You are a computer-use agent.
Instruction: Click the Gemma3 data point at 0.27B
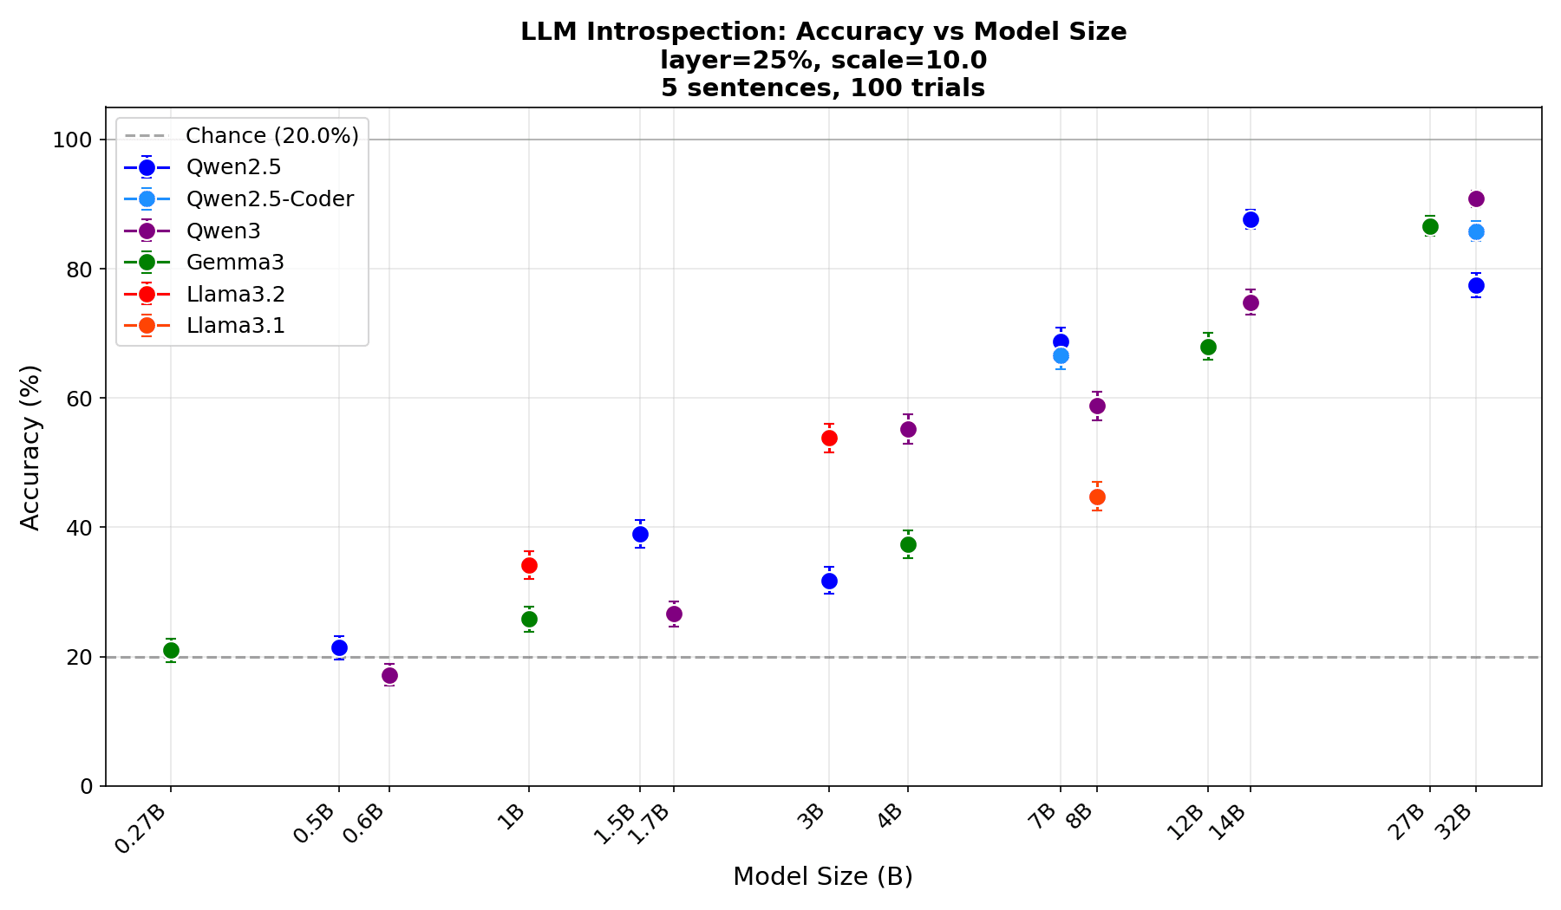pos(171,650)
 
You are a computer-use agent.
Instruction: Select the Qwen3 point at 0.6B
pos(389,675)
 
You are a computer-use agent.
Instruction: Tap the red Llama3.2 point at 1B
pos(529,565)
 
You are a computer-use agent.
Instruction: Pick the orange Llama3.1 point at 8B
pos(1097,497)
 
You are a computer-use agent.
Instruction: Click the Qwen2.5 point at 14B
pos(1251,219)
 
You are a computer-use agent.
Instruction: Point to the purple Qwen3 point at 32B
pos(1476,198)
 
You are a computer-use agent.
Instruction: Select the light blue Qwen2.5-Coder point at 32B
pos(1476,231)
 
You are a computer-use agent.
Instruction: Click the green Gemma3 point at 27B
pos(1430,226)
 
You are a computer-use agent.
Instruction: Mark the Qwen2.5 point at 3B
pos(829,581)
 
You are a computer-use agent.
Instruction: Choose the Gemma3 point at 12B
pos(1208,347)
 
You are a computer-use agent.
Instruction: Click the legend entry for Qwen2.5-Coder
pos(270,199)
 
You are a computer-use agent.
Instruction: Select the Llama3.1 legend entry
pos(235,326)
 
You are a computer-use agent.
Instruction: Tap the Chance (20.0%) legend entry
pos(271,136)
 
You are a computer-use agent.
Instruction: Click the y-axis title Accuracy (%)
pos(30,446)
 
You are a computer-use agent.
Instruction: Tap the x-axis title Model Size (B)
pos(822,876)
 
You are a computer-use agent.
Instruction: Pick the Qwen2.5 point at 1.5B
pos(640,534)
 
